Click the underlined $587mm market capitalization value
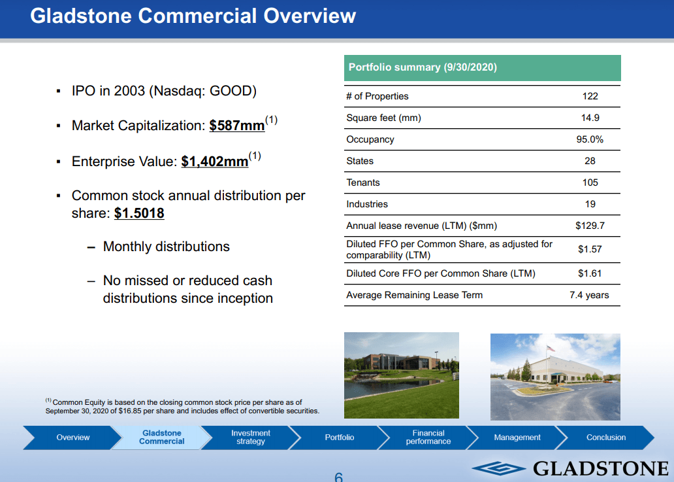click(237, 126)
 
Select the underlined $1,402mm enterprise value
click(215, 161)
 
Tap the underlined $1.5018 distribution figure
click(139, 213)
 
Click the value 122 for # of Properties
click(590, 96)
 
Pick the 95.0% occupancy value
click(590, 139)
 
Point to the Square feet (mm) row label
click(383, 118)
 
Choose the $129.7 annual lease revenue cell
click(590, 226)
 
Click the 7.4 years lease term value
click(589, 295)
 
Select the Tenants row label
click(363, 182)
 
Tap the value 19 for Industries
click(590, 204)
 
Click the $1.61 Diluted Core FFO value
click(590, 273)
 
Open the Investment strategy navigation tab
click(251, 438)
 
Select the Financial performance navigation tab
click(428, 438)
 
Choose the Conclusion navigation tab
click(606, 438)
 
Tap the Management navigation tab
click(517, 438)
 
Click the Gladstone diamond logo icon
click(498, 468)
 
